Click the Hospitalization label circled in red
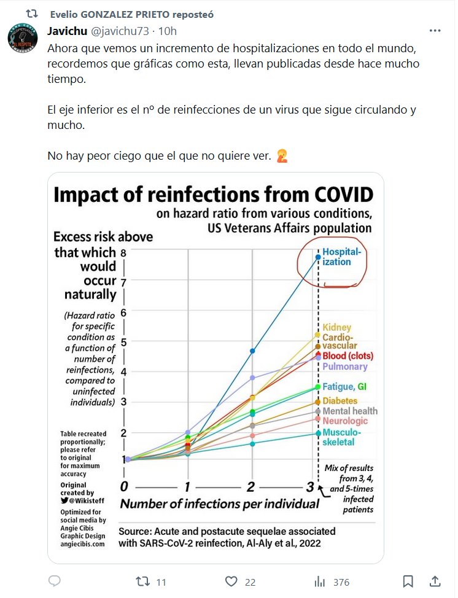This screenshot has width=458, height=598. (x=342, y=257)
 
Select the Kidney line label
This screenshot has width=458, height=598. (x=336, y=327)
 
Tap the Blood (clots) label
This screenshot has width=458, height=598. (x=347, y=356)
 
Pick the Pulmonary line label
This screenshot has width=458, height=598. (x=344, y=367)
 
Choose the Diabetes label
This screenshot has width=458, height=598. (x=340, y=401)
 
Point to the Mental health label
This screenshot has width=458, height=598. (x=350, y=411)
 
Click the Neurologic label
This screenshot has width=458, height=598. (x=345, y=421)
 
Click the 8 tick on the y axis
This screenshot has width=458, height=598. (x=123, y=252)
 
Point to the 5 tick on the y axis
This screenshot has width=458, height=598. (x=123, y=342)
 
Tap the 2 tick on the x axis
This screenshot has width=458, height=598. (x=250, y=487)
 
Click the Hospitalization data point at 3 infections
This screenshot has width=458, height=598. (x=318, y=257)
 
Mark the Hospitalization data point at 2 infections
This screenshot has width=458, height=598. (x=252, y=351)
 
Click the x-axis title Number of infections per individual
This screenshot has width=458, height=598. (x=219, y=504)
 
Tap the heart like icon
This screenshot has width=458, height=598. (x=231, y=581)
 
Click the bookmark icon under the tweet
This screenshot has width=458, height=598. (x=408, y=581)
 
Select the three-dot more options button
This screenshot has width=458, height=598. (x=435, y=31)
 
